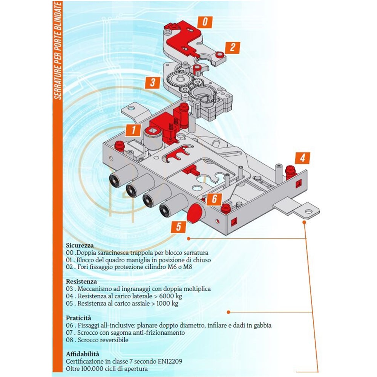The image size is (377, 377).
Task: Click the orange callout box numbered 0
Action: click(x=205, y=21)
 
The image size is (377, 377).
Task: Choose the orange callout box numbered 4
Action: click(x=302, y=158)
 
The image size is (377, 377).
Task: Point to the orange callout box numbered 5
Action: click(x=179, y=227)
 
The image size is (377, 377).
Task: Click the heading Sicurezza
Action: click(x=80, y=245)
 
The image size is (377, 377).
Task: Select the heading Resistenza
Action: click(x=81, y=281)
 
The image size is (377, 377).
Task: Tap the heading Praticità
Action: click(x=78, y=318)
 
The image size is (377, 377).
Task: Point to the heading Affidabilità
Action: click(x=83, y=354)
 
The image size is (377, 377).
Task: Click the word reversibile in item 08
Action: click(x=112, y=340)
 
